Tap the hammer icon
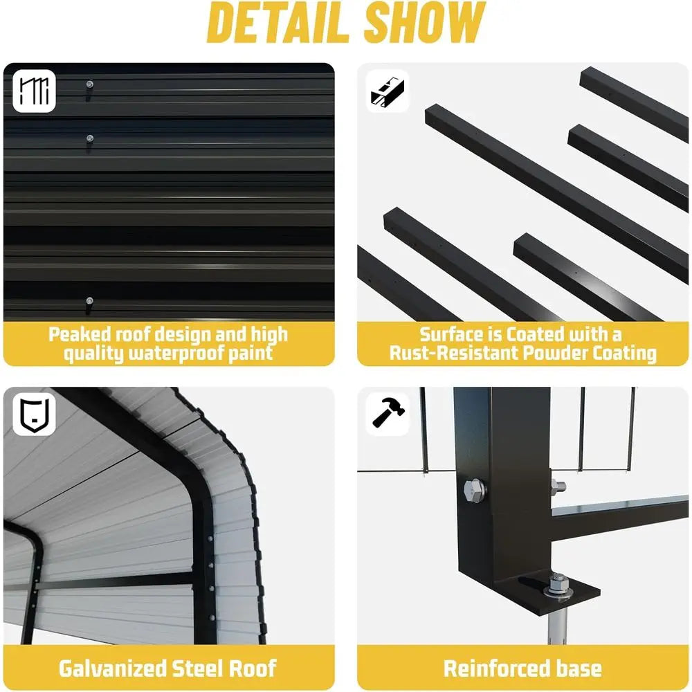pyautogui.click(x=388, y=412)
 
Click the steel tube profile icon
pyautogui.click(x=387, y=92)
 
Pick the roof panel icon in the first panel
pyautogui.click(x=34, y=91)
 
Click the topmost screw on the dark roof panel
pyautogui.click(x=89, y=84)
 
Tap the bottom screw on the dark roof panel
pyautogui.click(x=89, y=302)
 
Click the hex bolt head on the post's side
pyautogui.click(x=475, y=490)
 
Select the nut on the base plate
pyautogui.click(x=557, y=583)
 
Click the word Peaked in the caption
pyautogui.click(x=80, y=334)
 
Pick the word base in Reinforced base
pyautogui.click(x=579, y=668)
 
